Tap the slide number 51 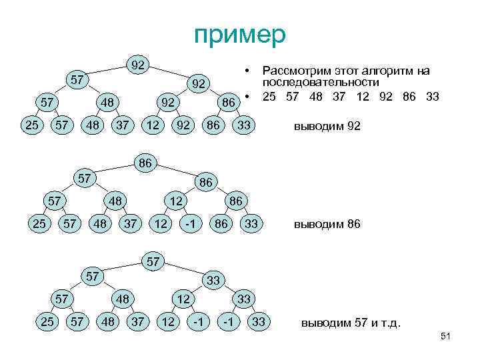[x=446, y=338]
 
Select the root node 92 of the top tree [x=138, y=65]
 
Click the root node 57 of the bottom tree [x=153, y=261]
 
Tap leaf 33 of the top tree [x=245, y=125]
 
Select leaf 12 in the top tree [x=153, y=125]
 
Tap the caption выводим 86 [x=327, y=225]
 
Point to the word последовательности [x=321, y=82]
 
